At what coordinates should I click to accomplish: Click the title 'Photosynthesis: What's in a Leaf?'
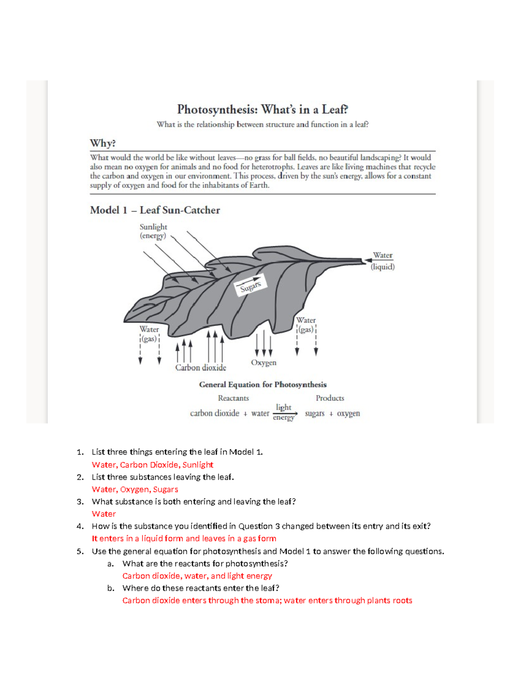[262, 109]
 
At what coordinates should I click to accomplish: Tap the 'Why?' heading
[102, 143]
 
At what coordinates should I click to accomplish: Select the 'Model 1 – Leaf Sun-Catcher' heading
[155, 210]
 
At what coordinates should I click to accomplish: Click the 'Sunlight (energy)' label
[153, 231]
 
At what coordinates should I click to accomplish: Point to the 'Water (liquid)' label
[383, 261]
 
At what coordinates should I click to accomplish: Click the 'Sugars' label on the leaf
[251, 286]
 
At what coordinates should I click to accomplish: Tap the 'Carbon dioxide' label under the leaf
[201, 368]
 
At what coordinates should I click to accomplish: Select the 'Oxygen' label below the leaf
[264, 362]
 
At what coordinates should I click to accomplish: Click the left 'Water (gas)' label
[149, 334]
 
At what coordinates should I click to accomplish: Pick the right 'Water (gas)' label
[306, 325]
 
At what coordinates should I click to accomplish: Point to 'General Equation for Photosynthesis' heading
[263, 385]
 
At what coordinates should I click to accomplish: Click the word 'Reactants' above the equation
[233, 398]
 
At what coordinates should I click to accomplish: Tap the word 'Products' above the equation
[330, 398]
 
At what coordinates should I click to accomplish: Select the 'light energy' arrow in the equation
[285, 413]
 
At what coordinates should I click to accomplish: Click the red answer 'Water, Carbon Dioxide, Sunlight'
[152, 465]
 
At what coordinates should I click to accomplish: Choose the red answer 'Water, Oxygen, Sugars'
[135, 489]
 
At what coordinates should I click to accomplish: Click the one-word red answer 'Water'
[104, 514]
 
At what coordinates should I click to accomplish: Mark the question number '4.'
[80, 526]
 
